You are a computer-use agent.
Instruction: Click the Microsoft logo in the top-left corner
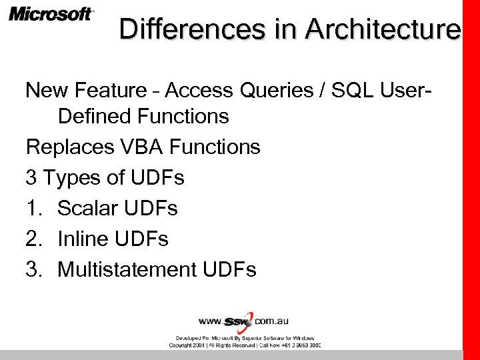tap(51, 14)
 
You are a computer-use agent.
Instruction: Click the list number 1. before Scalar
tap(34, 209)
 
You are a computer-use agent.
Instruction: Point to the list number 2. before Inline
tap(34, 239)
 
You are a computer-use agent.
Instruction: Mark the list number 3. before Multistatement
tap(34, 269)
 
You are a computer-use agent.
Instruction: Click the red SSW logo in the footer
tap(241, 321)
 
